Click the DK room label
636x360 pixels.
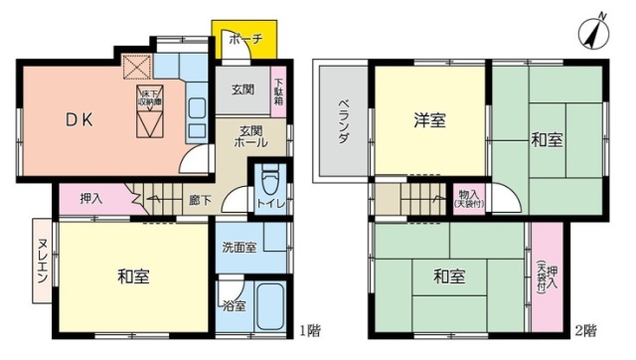pos(79,119)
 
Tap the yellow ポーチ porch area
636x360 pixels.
pos(243,41)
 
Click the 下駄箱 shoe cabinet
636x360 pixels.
pos(279,92)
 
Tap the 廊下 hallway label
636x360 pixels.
pos(200,200)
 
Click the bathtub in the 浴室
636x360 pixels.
pos(269,302)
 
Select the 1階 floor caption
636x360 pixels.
pos(309,330)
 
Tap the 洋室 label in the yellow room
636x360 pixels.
pos(429,121)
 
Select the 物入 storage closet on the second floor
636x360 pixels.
pos(467,199)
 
